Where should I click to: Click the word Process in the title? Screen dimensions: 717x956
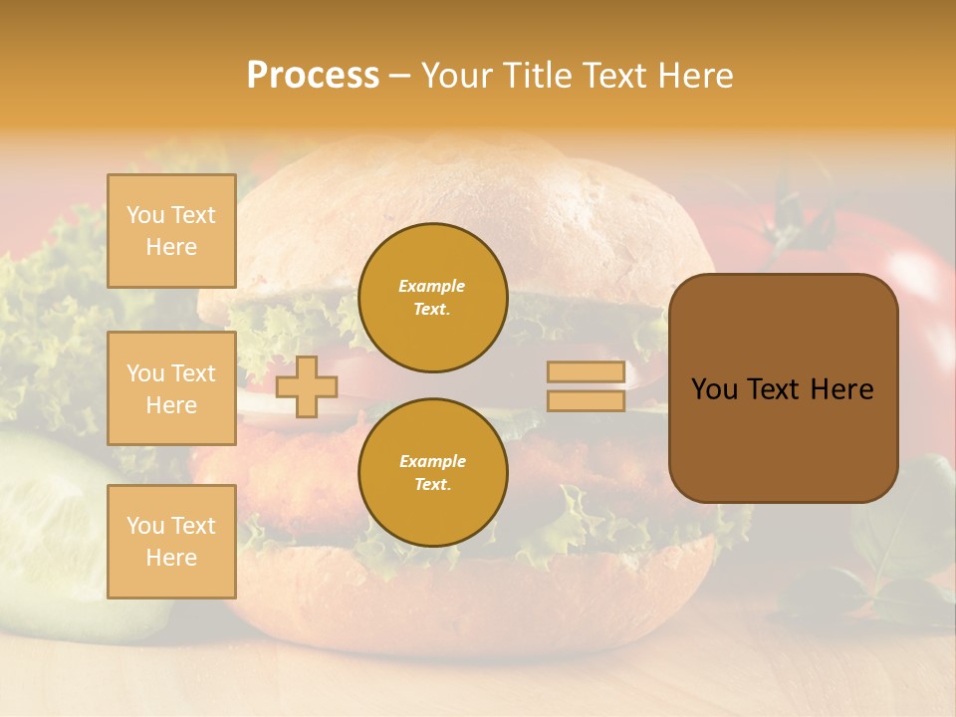point(313,76)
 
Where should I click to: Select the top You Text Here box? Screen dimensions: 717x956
point(171,231)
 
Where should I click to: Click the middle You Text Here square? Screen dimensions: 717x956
point(171,388)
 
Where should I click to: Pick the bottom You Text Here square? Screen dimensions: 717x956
point(171,542)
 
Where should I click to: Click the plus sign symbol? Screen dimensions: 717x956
point(307,386)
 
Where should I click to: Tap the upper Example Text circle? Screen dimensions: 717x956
point(433,298)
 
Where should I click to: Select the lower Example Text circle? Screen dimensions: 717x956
point(433,473)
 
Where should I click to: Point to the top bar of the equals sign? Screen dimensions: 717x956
point(586,372)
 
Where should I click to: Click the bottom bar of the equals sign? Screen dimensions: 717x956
point(586,400)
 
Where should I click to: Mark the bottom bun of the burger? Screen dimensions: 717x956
point(478,597)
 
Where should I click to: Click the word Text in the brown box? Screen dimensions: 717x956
point(781,389)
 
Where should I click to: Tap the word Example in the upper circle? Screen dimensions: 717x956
point(431,286)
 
